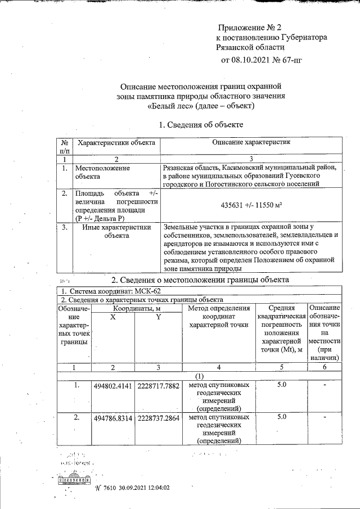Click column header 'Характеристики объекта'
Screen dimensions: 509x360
[116, 143]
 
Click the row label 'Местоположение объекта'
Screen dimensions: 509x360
[102, 172]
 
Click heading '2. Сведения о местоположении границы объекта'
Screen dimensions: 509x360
[200, 280]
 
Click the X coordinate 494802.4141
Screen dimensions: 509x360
[113, 388]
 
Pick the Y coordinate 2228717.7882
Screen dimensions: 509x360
[159, 388]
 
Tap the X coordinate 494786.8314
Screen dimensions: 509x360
[113, 419]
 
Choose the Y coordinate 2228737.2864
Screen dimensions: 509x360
[159, 419]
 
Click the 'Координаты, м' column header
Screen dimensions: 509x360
[136, 308]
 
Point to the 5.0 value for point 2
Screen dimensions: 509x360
[282, 417]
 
